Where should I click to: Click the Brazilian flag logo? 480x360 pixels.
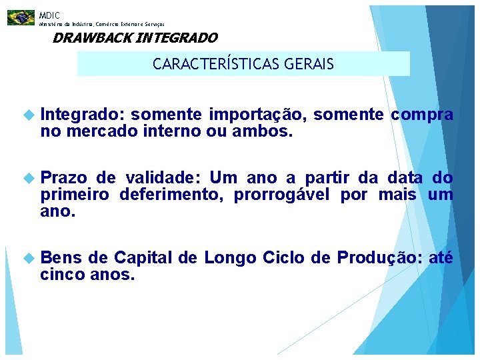(21, 17)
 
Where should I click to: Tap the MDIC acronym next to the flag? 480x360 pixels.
(49, 15)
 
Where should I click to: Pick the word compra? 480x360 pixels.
(422, 115)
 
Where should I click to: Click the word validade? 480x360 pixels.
(161, 178)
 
